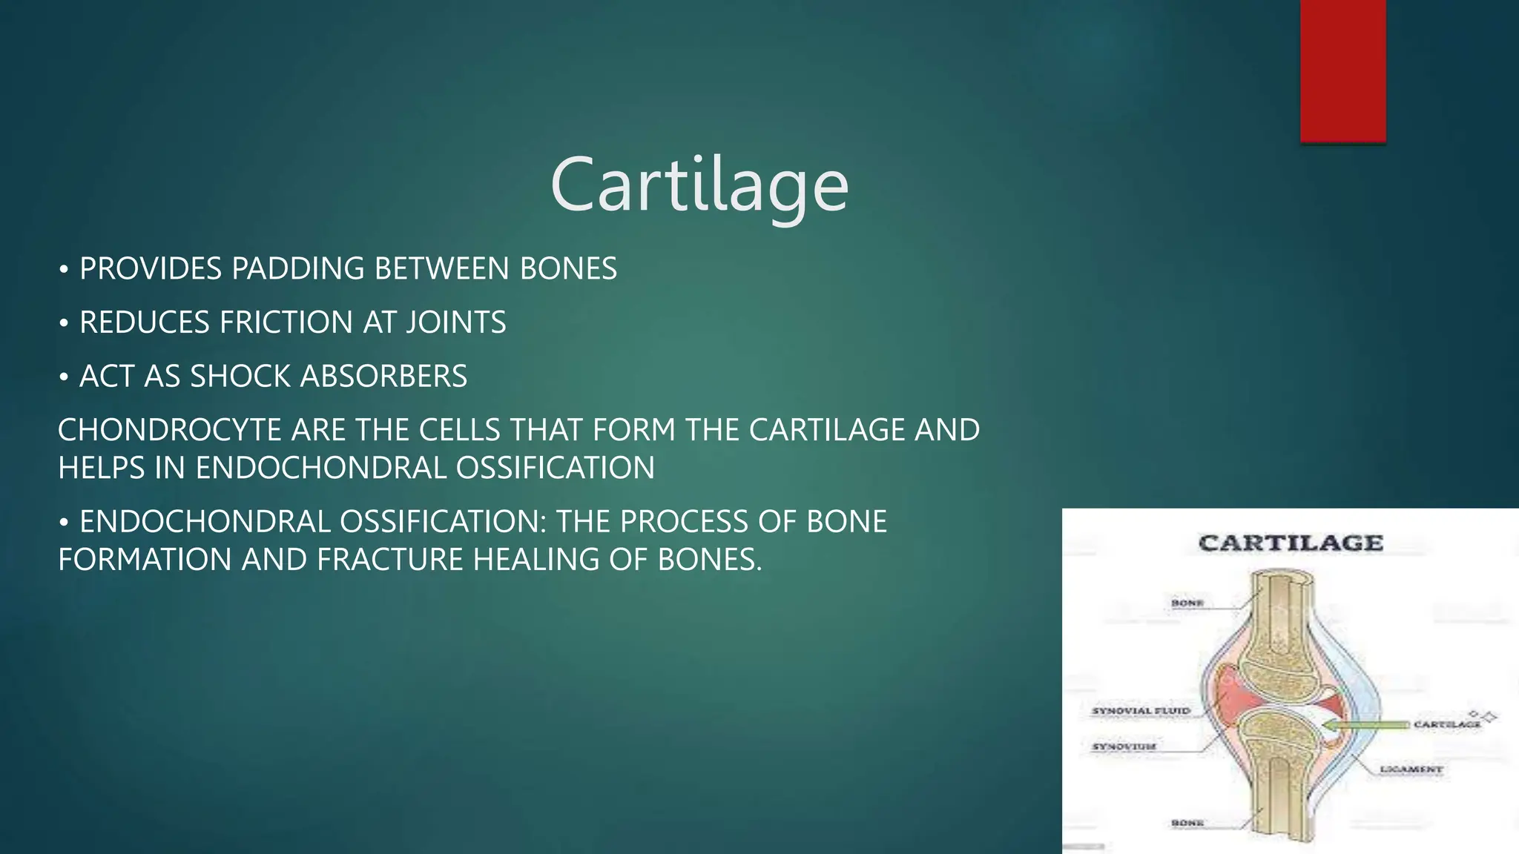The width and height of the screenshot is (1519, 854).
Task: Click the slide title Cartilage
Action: (x=699, y=185)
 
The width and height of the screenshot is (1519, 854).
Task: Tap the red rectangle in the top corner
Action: (x=1342, y=70)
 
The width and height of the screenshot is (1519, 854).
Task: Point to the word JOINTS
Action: (x=455, y=322)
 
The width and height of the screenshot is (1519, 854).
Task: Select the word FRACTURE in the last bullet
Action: (x=390, y=560)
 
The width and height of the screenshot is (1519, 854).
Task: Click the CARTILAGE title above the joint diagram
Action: (x=1291, y=543)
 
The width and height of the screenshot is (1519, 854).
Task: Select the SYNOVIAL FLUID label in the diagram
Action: (x=1141, y=710)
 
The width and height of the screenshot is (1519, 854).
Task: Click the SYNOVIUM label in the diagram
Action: (x=1124, y=746)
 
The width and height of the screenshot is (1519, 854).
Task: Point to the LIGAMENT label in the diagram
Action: (x=1411, y=769)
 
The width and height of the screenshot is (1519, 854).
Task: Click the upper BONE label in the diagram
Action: (x=1187, y=603)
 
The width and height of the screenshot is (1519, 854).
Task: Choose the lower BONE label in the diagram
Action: (x=1187, y=823)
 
